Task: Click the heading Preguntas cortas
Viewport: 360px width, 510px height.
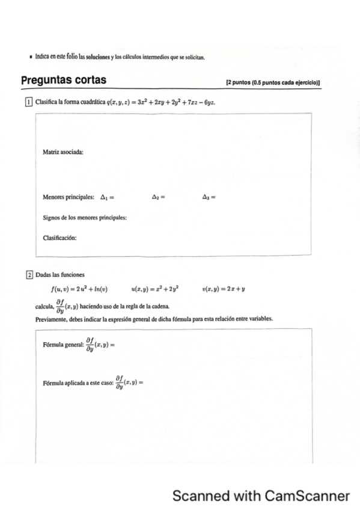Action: [x=64, y=81]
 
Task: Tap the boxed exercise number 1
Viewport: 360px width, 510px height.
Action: [x=28, y=102]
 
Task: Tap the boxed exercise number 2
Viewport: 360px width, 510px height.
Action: [x=28, y=275]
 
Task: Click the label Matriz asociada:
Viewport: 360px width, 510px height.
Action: [x=63, y=152]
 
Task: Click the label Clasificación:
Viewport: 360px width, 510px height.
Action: [x=59, y=238]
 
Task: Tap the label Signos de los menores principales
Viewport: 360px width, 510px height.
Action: [x=85, y=217]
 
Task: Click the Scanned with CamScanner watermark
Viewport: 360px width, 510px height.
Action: [x=261, y=496]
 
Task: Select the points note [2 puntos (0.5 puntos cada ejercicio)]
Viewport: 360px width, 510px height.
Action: [x=272, y=82]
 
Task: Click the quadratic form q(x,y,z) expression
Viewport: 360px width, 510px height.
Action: [x=160, y=102]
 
